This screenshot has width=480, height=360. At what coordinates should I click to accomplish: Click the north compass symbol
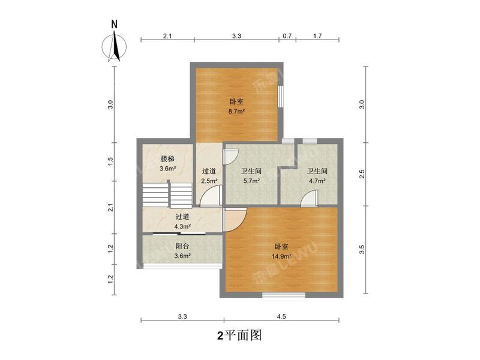click(x=114, y=46)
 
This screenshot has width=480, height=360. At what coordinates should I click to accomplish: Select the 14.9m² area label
click(x=281, y=257)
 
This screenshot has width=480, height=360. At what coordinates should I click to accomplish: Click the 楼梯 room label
click(x=167, y=159)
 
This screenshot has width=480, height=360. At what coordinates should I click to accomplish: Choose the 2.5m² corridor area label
click(x=209, y=181)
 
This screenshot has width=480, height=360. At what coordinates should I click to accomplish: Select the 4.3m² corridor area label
click(x=182, y=227)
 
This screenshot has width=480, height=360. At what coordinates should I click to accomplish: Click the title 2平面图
click(x=239, y=335)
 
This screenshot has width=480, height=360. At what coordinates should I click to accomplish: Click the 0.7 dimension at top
click(x=287, y=36)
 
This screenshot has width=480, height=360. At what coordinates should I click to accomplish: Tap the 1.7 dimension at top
click(x=317, y=36)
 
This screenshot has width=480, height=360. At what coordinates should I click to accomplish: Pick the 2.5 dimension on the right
click(x=362, y=173)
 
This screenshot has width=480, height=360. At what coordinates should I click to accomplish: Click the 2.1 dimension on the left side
click(x=110, y=209)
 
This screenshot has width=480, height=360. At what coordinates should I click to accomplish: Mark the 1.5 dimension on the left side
click(x=110, y=161)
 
